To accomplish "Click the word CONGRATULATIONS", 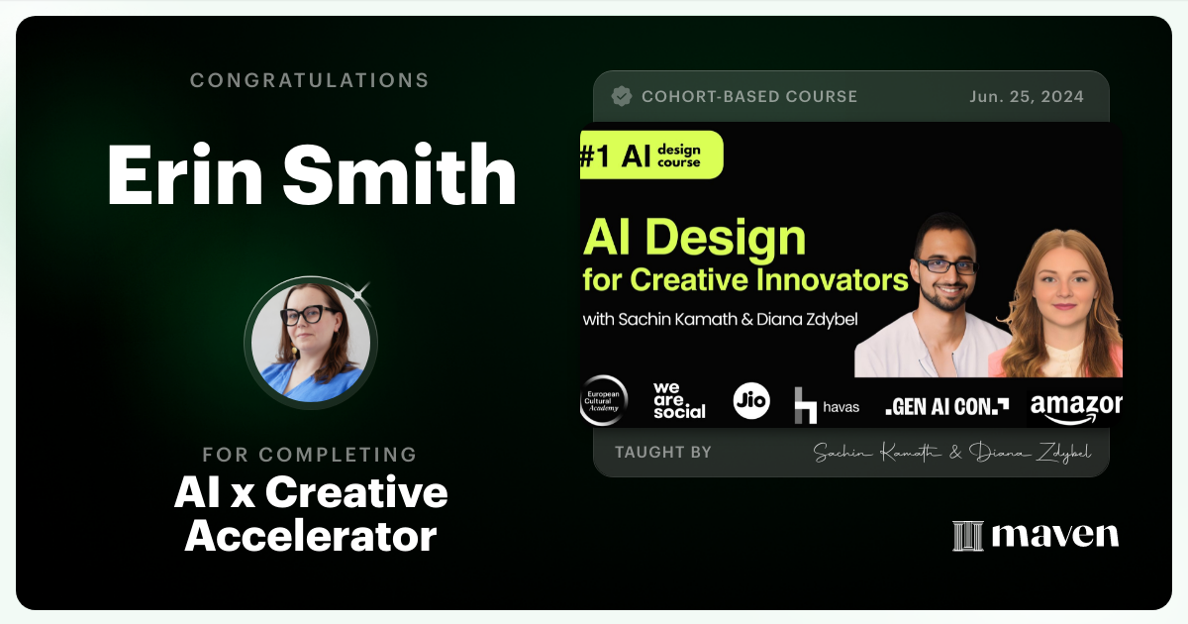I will tap(309, 80).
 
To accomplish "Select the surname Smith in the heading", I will tap(398, 174).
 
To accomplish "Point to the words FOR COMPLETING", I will tap(309, 455).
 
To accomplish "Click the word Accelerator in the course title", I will tap(310, 536).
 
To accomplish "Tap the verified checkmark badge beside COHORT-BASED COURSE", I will tap(622, 96).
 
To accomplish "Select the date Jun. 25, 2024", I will tap(1027, 96).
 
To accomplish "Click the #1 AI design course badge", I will tap(650, 155).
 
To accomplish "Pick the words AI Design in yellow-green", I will tap(694, 238).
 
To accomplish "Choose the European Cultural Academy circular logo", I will tap(603, 401).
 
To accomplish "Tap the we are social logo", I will tap(679, 400).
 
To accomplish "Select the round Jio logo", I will tap(751, 400).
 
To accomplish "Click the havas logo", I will tap(827, 405).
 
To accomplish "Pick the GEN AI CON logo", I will tap(946, 405).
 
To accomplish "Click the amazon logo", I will tap(1075, 404).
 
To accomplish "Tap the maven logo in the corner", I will tap(1036, 535).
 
